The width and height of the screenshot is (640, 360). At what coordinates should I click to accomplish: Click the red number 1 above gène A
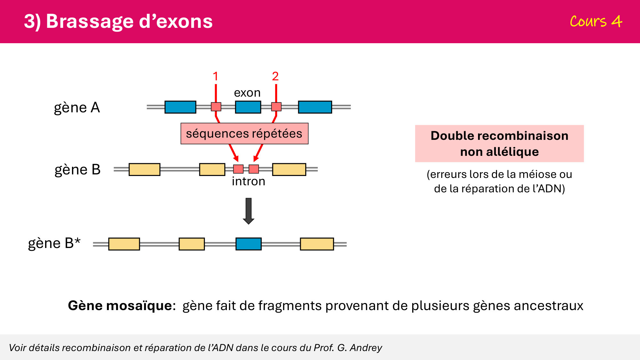point(215,76)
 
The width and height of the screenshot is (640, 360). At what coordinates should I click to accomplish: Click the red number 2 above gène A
point(275,76)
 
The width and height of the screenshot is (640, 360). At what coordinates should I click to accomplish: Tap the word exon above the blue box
point(247,93)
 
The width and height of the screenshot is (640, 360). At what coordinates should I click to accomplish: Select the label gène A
point(77,108)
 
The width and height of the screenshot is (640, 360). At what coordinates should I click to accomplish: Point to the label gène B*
point(54,243)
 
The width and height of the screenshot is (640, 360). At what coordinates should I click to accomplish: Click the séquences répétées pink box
point(244,133)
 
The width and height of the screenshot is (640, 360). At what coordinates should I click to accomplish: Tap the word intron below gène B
point(248,181)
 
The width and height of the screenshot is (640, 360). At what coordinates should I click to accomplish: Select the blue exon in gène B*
point(248,244)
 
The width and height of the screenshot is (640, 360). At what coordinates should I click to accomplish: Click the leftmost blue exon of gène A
point(180,107)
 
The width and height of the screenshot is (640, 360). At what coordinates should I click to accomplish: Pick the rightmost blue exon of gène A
point(315,107)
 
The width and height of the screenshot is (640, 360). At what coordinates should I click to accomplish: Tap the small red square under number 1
point(216,107)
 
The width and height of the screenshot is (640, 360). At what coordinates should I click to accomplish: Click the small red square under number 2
point(276,107)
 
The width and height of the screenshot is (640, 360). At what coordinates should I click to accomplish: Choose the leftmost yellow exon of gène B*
point(124,244)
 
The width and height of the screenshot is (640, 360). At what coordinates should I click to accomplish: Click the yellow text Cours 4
point(596,21)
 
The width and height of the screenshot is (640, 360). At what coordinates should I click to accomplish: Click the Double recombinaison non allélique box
point(499,143)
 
